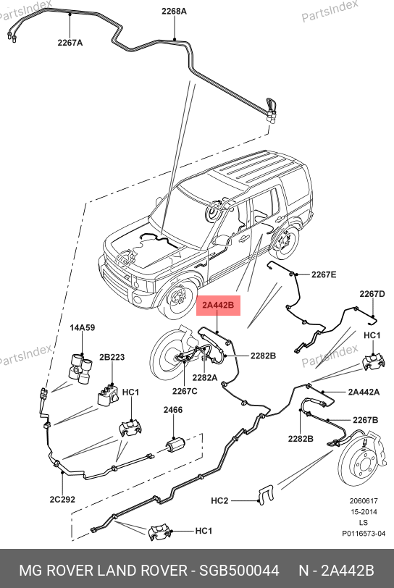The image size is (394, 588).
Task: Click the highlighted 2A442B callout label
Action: (x=218, y=306)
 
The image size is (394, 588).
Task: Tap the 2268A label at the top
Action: (x=174, y=12)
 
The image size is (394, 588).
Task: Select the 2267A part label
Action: (x=70, y=43)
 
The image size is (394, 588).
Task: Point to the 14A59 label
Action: (x=82, y=327)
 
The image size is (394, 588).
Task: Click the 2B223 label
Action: (x=112, y=357)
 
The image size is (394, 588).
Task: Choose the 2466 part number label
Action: (x=173, y=410)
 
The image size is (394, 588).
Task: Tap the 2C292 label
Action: (x=62, y=500)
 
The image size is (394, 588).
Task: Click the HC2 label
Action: (x=219, y=500)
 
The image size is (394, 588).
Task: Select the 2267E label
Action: (x=324, y=275)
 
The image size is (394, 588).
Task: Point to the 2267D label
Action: (x=372, y=294)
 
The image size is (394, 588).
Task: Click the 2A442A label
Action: (x=364, y=392)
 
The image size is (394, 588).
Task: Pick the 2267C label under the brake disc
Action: (x=185, y=391)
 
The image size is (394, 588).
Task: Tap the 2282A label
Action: (x=205, y=377)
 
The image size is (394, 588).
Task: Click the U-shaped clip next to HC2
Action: (x=266, y=495)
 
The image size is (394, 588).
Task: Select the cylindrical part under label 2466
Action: (x=175, y=445)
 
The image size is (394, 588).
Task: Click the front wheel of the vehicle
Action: (x=177, y=299)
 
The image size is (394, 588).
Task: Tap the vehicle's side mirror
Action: (x=222, y=240)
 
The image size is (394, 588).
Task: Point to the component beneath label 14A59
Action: (x=80, y=369)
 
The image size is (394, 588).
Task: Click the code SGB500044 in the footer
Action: (x=239, y=571)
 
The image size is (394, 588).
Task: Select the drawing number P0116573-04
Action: (x=364, y=533)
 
